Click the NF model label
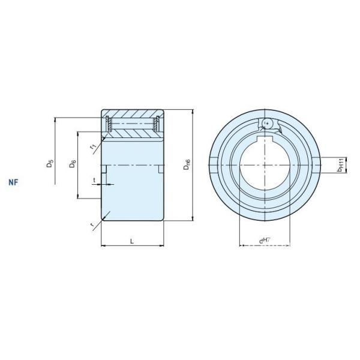[x=13, y=181]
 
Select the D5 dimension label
[x=50, y=163]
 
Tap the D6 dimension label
[x=72, y=164]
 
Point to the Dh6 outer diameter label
[x=187, y=163]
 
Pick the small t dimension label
[x=94, y=179]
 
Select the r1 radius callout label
[x=92, y=146]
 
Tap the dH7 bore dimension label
[x=263, y=241]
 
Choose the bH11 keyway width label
[x=340, y=165]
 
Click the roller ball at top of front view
[x=268, y=123]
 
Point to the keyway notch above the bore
[x=263, y=142]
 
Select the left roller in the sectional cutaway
[x=109, y=125]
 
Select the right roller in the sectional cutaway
[x=157, y=125]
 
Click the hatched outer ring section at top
[x=133, y=113]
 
